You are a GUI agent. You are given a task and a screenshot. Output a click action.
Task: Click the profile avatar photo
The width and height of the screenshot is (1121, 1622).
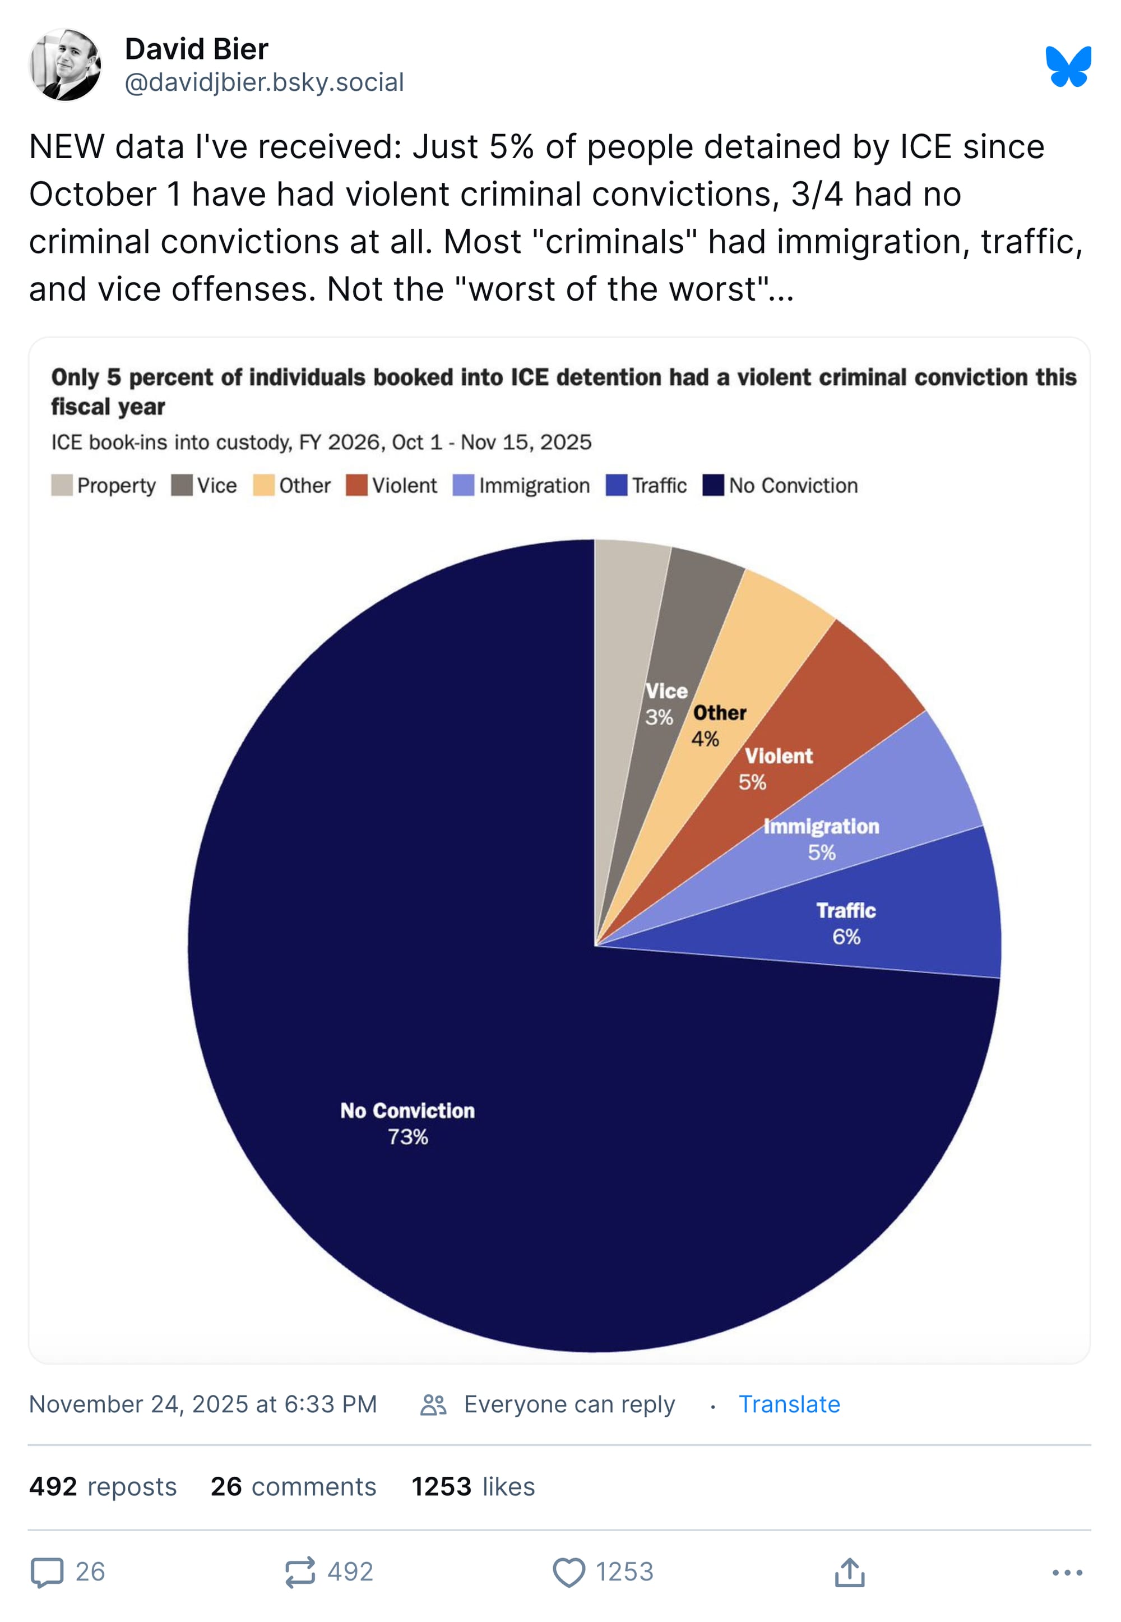coord(66,64)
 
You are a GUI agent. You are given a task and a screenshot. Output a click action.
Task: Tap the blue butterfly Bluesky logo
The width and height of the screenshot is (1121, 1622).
coord(1068,67)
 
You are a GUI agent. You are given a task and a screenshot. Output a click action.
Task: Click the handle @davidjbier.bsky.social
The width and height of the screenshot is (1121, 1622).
coord(264,82)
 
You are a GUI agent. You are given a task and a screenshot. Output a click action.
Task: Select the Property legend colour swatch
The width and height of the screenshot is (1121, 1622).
coord(62,486)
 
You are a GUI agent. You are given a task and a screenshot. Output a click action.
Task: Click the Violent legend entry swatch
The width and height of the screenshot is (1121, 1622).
coord(356,486)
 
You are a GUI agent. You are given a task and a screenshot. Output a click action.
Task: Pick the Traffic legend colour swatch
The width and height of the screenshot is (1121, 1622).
coord(616,486)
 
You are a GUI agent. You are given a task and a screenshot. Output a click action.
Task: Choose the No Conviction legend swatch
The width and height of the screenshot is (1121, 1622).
coord(713,486)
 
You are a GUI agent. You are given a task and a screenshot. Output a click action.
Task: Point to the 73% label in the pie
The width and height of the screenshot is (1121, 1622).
coord(408,1137)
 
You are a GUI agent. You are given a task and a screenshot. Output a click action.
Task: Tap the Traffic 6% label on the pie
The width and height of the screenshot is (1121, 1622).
coord(846,923)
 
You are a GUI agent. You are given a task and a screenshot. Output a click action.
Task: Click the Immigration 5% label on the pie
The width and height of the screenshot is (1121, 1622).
coord(821,840)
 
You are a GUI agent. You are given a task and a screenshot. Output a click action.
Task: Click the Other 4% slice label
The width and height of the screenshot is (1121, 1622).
coord(716,726)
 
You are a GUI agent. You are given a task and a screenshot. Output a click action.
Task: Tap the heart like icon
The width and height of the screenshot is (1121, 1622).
coord(568,1572)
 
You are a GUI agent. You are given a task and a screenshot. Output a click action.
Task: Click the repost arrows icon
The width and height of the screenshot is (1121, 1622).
coord(300,1572)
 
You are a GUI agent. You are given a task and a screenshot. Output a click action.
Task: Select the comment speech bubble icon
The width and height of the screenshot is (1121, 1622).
coord(47,1572)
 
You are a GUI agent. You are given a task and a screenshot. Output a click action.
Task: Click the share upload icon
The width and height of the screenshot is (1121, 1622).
coord(849,1572)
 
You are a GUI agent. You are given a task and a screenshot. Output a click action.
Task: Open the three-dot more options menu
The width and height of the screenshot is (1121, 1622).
coord(1067,1572)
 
